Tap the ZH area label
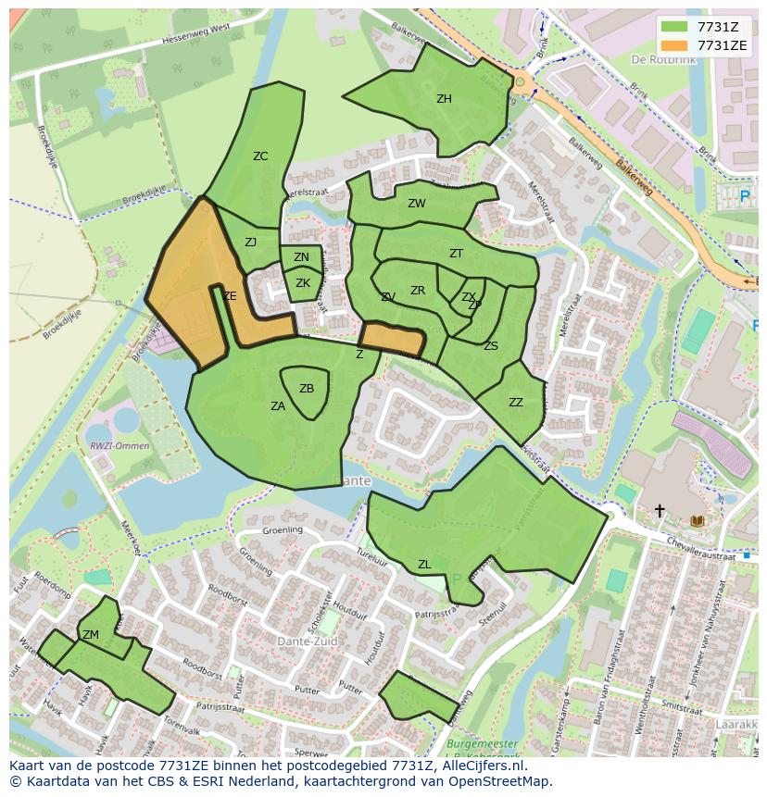[x=444, y=99]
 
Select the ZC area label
[x=260, y=156]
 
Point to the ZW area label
[x=417, y=204]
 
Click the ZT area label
[x=456, y=254]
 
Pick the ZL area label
[x=424, y=565]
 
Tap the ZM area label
[x=91, y=635]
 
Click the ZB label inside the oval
[x=307, y=389]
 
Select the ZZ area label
[x=516, y=403]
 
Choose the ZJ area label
[x=250, y=243]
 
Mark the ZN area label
[x=301, y=258]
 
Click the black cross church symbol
[x=660, y=510]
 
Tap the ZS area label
[x=491, y=346]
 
